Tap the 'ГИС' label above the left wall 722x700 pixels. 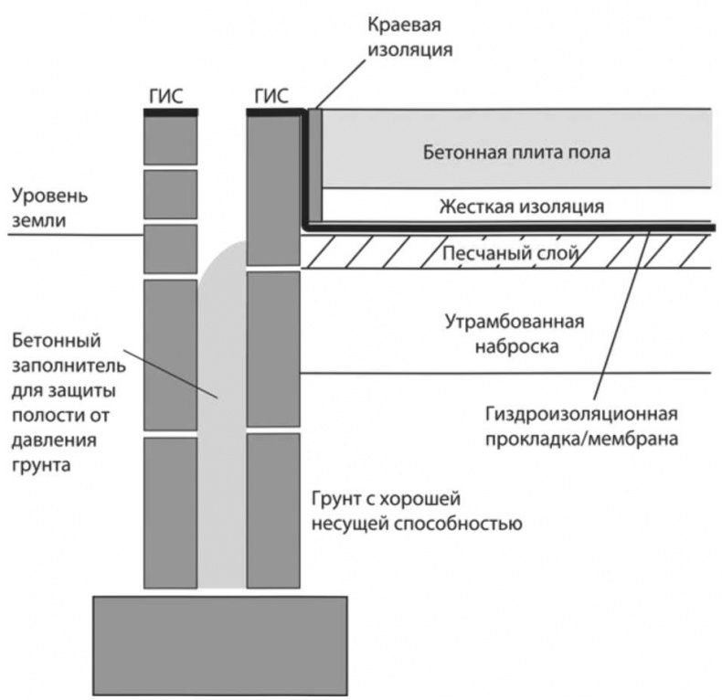pos(171,94)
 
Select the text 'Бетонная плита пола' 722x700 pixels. pos(516,152)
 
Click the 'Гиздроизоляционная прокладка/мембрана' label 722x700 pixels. pos(574,427)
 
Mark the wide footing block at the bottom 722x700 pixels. pos(220,644)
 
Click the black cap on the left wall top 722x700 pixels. pos(171,111)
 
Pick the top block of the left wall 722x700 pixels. pos(171,140)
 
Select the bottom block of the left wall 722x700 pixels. pos(171,512)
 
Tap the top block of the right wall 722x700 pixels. pos(273,189)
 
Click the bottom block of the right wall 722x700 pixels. pos(273,510)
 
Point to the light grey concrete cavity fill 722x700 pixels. pos(222,411)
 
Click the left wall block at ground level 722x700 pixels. pos(171,248)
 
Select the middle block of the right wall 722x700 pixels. pos(273,348)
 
